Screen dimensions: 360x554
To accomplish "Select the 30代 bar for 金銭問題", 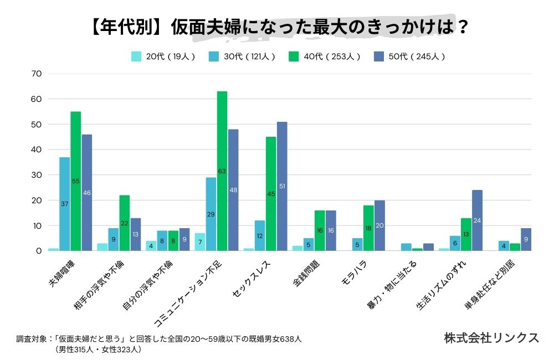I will (309, 244).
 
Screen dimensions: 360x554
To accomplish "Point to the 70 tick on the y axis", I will (37, 74).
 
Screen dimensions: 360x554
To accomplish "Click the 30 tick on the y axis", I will (37, 175).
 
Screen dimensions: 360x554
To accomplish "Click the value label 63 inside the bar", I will (222, 171).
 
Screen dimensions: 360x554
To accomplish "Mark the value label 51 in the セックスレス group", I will (282, 186).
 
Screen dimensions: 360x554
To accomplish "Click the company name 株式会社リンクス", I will (491, 338).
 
